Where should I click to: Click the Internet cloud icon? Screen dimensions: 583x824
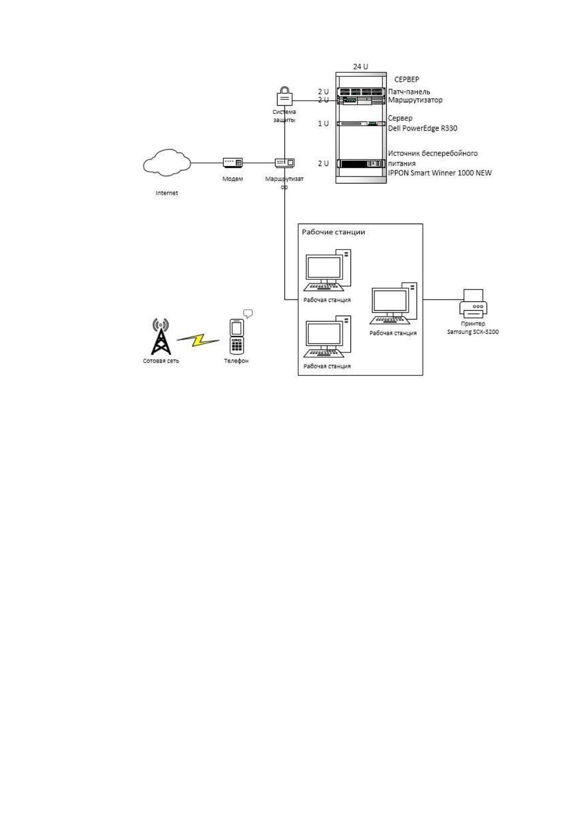167,162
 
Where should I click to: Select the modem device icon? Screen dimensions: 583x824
233,162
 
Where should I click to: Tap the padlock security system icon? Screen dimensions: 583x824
284,96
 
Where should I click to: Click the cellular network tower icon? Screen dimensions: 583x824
161,336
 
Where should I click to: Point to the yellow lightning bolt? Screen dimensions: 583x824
198,340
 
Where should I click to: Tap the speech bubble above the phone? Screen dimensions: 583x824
248,314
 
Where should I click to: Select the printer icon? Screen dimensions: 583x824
473,303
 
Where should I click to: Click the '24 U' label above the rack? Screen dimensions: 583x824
360,67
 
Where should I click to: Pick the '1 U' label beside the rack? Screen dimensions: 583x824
323,124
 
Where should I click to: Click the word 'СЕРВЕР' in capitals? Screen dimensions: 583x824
406,79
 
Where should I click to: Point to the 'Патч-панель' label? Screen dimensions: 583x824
409,92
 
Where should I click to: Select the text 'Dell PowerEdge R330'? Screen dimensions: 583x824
422,128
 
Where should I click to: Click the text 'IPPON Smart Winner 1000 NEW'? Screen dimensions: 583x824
440,173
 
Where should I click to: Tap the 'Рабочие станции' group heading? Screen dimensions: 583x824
333,232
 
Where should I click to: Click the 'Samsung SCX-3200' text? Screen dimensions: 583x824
472,332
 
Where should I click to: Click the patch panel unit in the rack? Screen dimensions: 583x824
361,92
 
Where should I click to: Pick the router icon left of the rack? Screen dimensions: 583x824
284,162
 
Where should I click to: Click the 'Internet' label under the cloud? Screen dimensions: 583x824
167,193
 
